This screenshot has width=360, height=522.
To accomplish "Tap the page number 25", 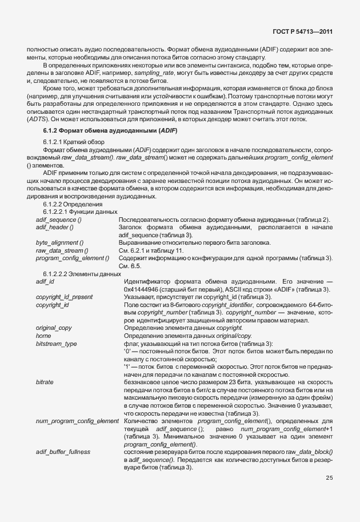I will pos(329,478).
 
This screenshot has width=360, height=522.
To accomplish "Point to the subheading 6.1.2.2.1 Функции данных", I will pos(77,212).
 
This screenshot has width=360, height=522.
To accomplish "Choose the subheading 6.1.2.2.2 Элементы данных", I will pos(78,274).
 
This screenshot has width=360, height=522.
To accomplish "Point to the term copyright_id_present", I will pos(64,297).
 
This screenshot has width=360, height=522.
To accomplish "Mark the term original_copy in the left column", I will pos(53,328).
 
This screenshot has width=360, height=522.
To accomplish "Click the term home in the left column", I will pos(43,335).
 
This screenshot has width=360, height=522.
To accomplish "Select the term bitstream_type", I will pos(55,343).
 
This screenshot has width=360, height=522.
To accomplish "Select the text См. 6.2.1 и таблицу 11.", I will pos(150,251).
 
